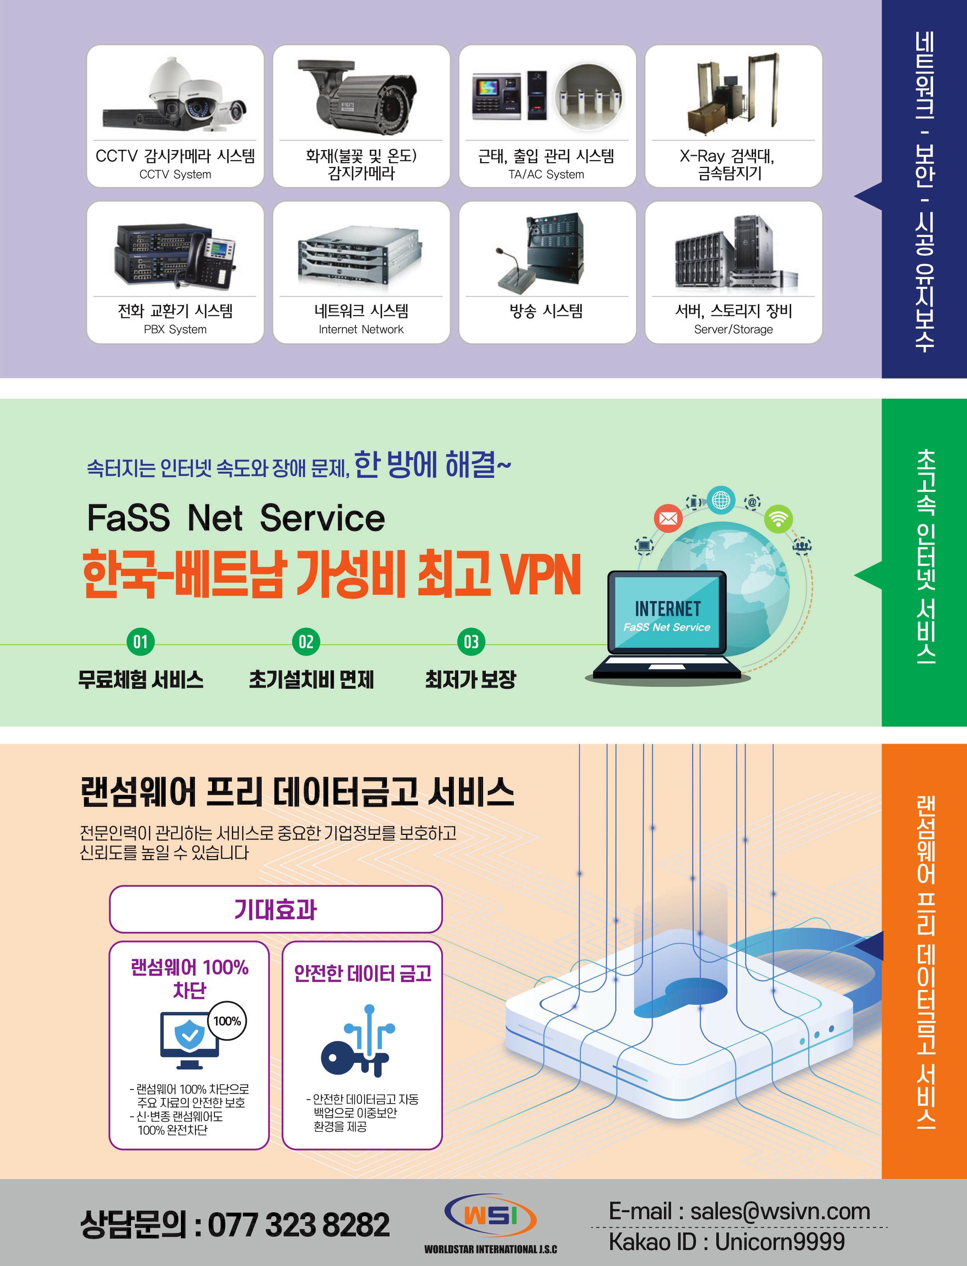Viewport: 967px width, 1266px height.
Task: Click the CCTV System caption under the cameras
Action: (175, 174)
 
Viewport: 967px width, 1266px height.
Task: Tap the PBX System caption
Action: (175, 330)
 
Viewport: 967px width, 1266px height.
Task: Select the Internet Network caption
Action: (361, 330)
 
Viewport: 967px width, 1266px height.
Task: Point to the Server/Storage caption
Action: (733, 330)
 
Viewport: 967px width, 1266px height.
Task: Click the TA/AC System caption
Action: (546, 174)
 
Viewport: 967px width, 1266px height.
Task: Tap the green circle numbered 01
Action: (140, 642)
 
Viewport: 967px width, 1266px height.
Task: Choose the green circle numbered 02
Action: (306, 642)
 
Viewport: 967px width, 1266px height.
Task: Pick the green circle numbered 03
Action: (471, 642)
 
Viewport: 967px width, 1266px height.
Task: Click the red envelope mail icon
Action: (668, 518)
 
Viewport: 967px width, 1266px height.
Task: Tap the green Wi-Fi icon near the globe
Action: (778, 520)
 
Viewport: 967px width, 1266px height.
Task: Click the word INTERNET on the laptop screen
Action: (668, 609)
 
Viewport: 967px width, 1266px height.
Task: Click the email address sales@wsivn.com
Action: (780, 1211)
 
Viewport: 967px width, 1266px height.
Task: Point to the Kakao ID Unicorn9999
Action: (779, 1242)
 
